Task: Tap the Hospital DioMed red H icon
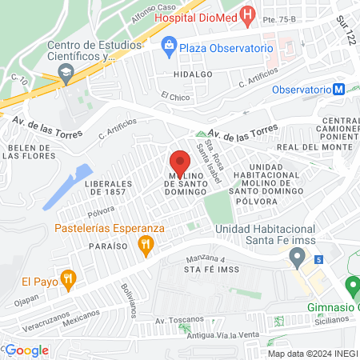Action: [x=249, y=14]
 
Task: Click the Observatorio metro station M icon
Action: [x=339, y=89]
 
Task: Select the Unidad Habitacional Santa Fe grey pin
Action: [x=298, y=258]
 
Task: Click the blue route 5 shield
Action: [x=318, y=259]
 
